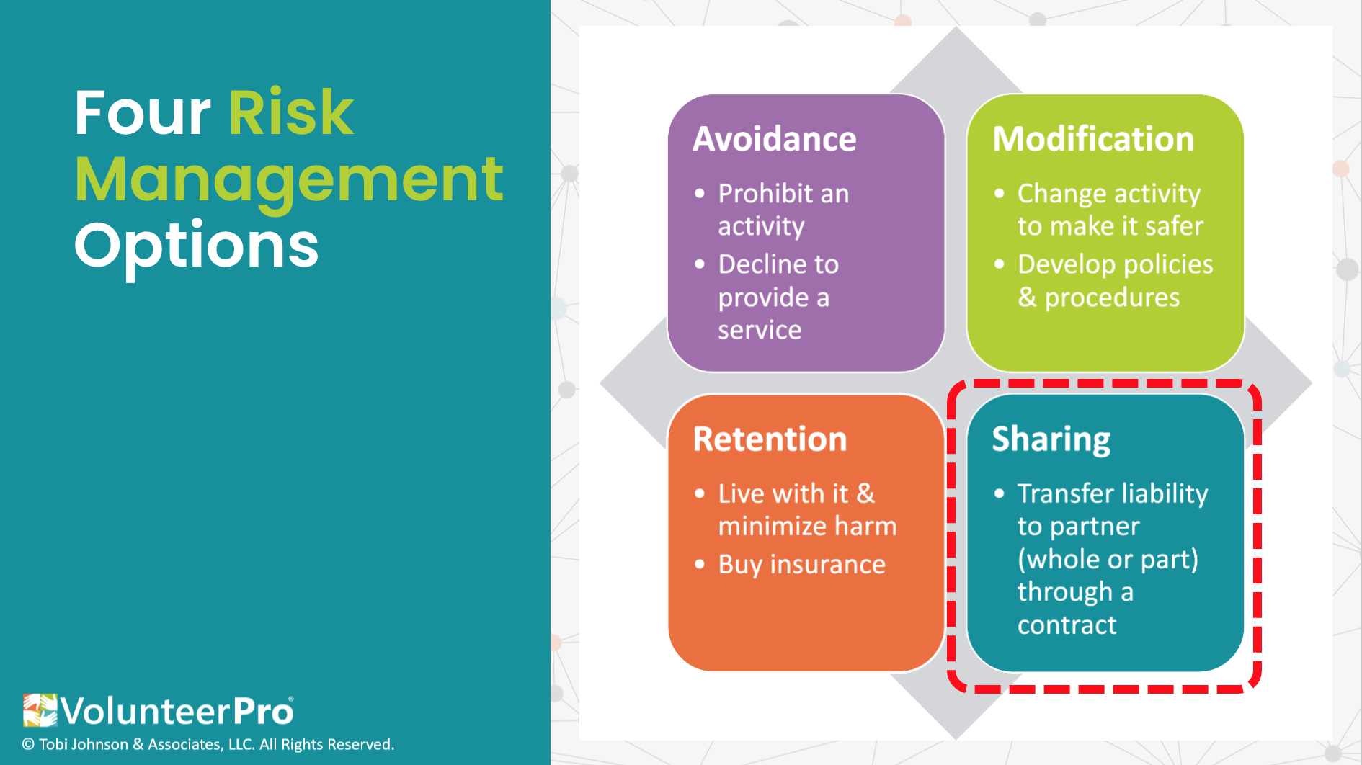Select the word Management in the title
coord(289,182)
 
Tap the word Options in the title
coord(197,247)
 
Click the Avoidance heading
coord(775,139)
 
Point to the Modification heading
coord(1093,139)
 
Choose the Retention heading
coord(770,439)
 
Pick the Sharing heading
coord(1051,440)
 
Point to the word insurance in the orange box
coord(827,565)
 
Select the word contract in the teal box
coord(1067,625)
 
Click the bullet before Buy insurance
coord(700,564)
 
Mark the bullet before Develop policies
coord(999,264)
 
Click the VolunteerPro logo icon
coord(40,710)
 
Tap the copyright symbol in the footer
coord(28,745)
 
